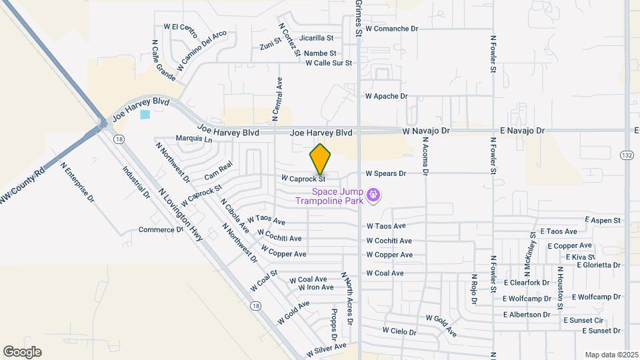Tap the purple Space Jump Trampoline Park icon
point(373,195)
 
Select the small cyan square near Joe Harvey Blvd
point(145,115)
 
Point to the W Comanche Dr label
point(391,29)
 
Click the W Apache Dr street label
point(386,97)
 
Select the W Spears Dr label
point(385,174)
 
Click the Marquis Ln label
point(193,139)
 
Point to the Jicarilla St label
point(316,39)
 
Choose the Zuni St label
point(268,45)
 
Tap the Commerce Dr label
point(161,230)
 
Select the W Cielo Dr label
point(399,331)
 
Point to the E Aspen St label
point(603,220)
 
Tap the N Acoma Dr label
point(425,157)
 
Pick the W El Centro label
point(181,28)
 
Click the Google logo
point(22,352)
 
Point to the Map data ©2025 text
point(611,355)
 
